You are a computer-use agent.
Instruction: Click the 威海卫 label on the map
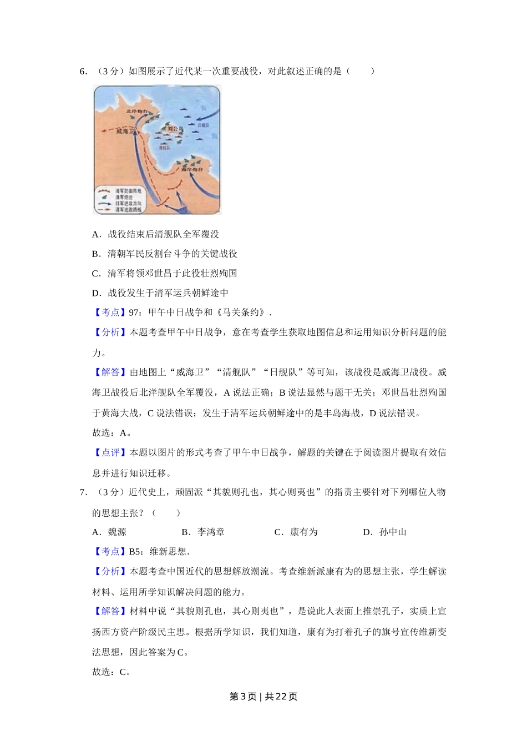pos(126,132)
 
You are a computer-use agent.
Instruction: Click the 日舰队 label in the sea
pos(204,126)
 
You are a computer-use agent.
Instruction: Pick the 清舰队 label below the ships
pos(164,148)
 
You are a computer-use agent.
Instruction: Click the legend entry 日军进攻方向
pos(128,204)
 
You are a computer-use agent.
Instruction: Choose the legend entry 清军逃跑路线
pos(128,210)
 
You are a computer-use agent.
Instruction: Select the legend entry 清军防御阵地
pos(128,191)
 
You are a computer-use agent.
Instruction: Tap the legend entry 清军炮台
pos(124,197)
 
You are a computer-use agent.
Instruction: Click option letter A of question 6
pos(96,234)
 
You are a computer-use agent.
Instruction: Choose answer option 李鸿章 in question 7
pos(211,532)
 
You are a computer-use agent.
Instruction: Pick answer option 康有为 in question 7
pos(303,532)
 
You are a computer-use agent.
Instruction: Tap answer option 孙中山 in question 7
pos(393,532)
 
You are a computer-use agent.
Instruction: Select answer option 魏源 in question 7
pos(117,532)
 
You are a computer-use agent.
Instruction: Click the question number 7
pos(83,492)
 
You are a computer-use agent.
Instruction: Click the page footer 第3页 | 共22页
pos(263,697)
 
